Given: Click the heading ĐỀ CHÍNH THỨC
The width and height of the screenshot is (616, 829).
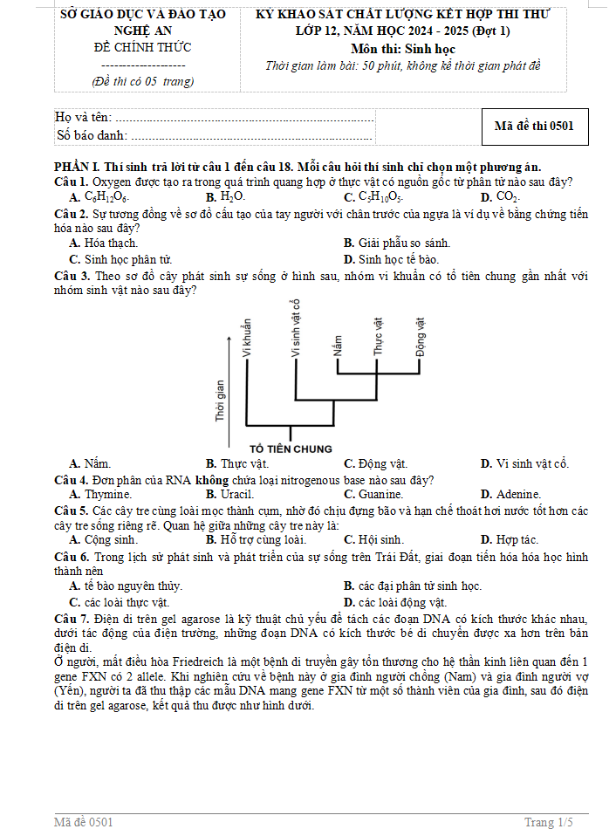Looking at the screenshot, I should [x=142, y=47].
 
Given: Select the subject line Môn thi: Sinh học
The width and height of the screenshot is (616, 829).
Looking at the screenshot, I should [x=402, y=49].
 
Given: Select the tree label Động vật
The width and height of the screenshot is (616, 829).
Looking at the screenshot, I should [x=421, y=336].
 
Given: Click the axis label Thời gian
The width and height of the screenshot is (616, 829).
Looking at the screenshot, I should [x=219, y=401].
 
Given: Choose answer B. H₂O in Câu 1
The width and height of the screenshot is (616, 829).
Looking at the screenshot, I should [x=225, y=196].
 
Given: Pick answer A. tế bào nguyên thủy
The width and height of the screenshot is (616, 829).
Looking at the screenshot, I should [x=126, y=586].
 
